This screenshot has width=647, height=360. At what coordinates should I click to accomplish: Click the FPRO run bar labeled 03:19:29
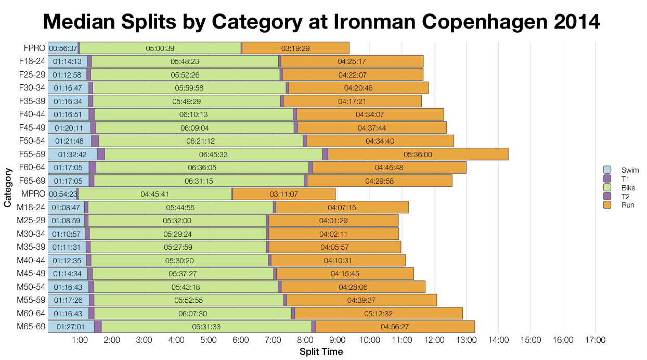tap(295, 48)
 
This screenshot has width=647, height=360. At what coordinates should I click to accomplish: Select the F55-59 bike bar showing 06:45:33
tap(213, 155)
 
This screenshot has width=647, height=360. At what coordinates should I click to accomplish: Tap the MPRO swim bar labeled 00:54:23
tap(62, 194)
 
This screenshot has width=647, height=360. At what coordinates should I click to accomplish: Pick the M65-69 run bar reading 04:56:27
tap(395, 327)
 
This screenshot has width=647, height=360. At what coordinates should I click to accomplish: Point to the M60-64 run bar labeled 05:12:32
tap(379, 314)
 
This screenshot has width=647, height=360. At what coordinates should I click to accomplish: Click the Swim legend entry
tap(621, 170)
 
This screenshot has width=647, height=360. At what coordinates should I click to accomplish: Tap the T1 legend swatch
tap(607, 179)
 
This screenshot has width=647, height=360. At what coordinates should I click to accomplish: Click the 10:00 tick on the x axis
tap(369, 340)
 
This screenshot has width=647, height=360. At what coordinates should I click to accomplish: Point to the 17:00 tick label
tap(595, 340)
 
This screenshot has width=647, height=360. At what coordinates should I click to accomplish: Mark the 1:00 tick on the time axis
tap(80, 340)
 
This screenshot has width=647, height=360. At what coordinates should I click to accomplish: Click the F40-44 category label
tap(32, 114)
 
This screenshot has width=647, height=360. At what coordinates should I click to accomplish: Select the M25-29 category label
tap(31, 221)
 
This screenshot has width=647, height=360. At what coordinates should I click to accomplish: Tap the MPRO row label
tap(33, 194)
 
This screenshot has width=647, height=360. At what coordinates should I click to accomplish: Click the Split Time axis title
tap(321, 352)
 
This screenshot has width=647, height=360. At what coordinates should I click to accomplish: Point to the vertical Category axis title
tap(7, 188)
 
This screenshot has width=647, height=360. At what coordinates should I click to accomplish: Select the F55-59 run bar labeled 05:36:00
tap(418, 155)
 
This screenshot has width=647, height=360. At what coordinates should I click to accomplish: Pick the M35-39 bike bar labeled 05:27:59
tap(178, 247)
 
